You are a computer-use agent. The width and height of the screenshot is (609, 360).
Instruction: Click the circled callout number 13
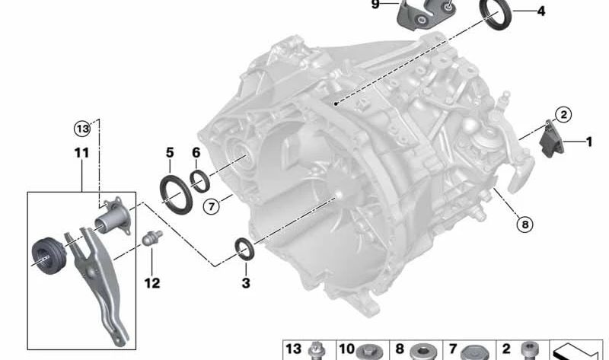tap(82, 129)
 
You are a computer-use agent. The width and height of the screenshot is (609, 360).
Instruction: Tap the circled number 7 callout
tap(212, 206)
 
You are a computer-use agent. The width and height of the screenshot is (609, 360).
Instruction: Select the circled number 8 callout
tap(525, 224)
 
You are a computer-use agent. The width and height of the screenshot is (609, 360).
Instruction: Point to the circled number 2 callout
tap(563, 115)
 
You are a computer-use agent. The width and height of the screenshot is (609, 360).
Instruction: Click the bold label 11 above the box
tap(82, 153)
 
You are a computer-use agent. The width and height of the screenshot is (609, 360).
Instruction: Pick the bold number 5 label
tap(170, 153)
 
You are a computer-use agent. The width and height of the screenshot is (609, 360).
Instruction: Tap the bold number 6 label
tap(196, 153)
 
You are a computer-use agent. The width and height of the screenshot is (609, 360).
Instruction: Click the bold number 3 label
tap(245, 282)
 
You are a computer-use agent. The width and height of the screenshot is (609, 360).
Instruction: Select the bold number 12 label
tap(151, 283)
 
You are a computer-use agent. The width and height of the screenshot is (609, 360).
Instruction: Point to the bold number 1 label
tap(588, 142)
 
